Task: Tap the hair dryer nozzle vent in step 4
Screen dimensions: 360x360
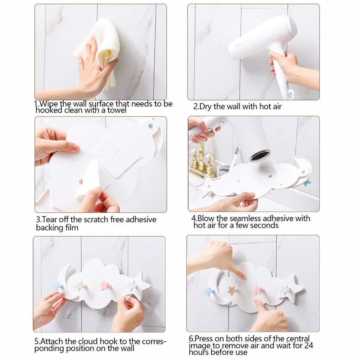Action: point(260,156)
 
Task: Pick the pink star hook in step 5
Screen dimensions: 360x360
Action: point(105,285)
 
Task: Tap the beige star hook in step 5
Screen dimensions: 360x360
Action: point(81,285)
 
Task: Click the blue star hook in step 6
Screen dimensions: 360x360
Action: point(209,291)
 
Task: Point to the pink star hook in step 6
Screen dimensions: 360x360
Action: point(258,290)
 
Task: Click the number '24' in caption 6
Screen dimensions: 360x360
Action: point(308,345)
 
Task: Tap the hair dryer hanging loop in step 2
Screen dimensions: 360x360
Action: point(290,95)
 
